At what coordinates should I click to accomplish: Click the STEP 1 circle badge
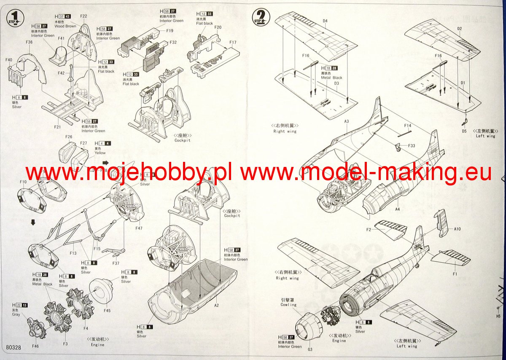tap(15, 17)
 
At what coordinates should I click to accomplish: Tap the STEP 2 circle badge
tap(259, 17)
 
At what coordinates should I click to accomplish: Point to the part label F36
tap(29, 42)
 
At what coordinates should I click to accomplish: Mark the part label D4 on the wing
tap(325, 21)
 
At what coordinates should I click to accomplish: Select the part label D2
tap(459, 29)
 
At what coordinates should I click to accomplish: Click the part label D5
tap(464, 131)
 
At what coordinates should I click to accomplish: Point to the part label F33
tap(412, 145)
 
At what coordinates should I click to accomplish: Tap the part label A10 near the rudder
tap(458, 229)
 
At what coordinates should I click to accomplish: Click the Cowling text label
tap(288, 305)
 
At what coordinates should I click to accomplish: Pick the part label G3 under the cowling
tap(310, 349)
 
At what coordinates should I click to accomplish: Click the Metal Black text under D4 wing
tap(331, 78)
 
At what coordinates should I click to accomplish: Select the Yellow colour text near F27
tap(100, 153)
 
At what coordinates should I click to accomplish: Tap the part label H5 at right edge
tap(498, 316)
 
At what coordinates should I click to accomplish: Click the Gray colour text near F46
tap(16, 314)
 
